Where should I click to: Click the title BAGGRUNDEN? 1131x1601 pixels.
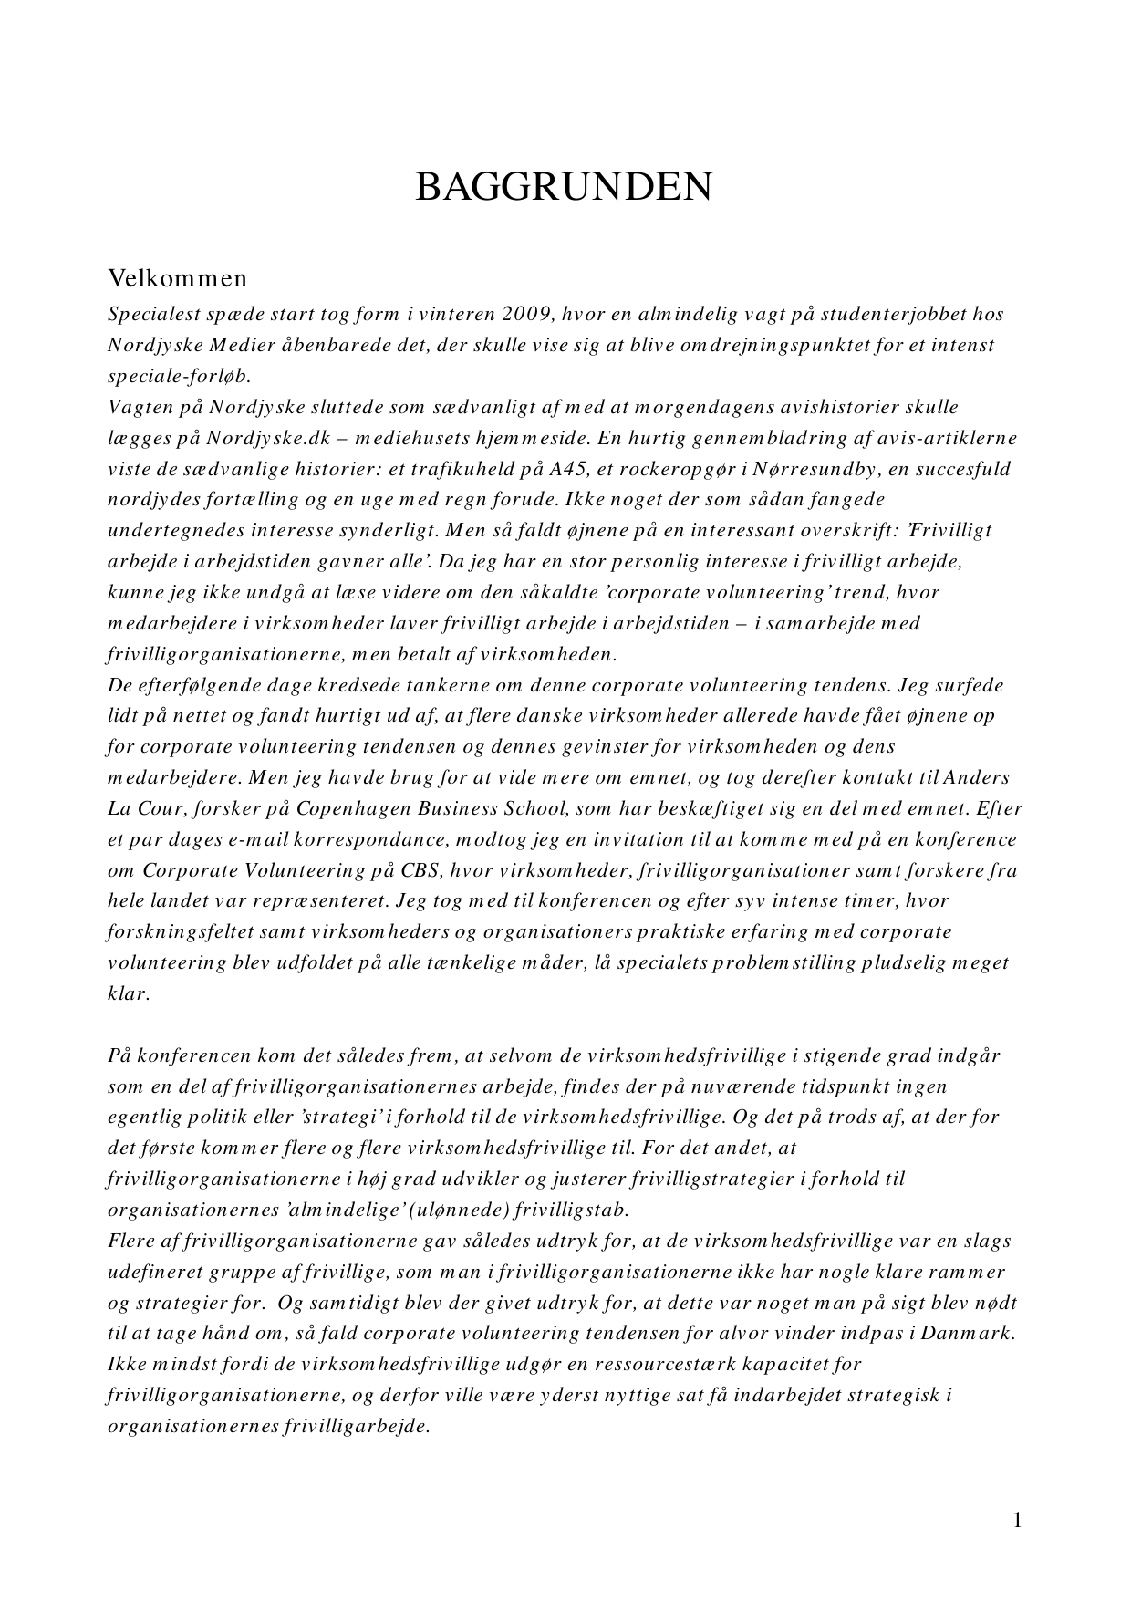pyautogui.click(x=564, y=187)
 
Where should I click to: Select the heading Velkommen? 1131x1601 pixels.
pyautogui.click(x=177, y=276)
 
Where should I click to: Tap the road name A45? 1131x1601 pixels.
pyautogui.click(x=568, y=469)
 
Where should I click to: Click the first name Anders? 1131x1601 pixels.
pyautogui.click(x=977, y=778)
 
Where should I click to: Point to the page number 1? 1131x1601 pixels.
pyautogui.click(x=1017, y=1520)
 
